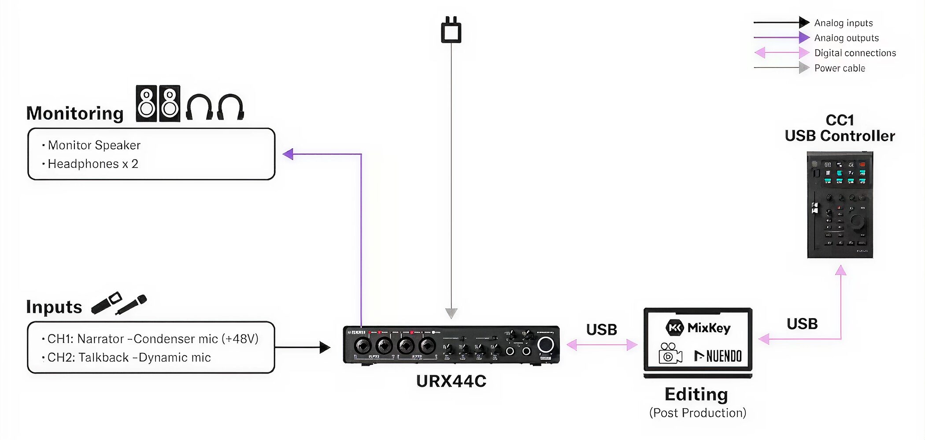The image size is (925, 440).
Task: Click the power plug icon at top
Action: pos(451,30)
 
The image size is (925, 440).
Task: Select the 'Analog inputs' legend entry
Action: pos(843,23)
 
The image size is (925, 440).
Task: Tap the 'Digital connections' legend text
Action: pos(855,53)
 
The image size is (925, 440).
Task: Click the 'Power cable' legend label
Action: pos(839,68)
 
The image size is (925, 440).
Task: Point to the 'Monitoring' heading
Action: pos(75,114)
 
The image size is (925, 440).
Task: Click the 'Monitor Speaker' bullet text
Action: pos(94,145)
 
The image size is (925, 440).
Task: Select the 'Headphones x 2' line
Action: pos(92,164)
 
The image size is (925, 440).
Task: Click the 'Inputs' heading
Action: pos(54,307)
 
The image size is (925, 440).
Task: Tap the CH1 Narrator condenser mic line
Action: pos(152,339)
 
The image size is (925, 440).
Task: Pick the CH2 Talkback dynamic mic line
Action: pos(129,358)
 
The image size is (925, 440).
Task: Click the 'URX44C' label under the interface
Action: pos(451,381)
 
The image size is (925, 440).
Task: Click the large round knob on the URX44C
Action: pos(545,345)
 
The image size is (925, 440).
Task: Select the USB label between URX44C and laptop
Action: pos(601,330)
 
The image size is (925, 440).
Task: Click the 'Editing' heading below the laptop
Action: pos(696,394)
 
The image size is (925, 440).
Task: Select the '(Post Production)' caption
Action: pos(698,413)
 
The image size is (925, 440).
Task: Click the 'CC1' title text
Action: pos(840,120)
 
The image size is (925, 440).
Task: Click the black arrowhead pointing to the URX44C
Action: pos(325,348)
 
